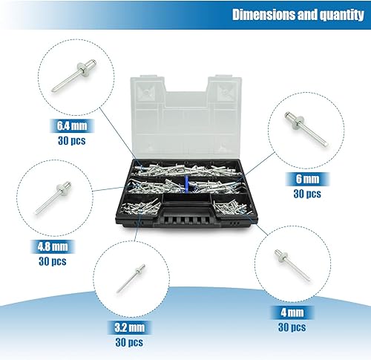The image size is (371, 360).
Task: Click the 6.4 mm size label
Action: click(72, 125)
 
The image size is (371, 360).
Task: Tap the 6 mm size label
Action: click(307, 179)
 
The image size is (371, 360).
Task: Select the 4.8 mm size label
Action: click(53, 246)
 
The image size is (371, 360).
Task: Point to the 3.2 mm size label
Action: click(129, 327)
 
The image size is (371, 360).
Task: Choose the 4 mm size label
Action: click(292, 312)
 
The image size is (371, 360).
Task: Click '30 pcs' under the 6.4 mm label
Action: click(72, 140)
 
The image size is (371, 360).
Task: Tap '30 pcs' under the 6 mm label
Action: click(307, 194)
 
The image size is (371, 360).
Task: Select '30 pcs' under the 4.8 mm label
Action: click(53, 261)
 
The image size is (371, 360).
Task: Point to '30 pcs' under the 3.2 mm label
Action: click(129, 342)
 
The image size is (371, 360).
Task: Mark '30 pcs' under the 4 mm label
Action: click(292, 327)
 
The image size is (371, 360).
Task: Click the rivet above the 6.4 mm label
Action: click(74, 75)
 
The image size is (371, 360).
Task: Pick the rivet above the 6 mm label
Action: click(306, 129)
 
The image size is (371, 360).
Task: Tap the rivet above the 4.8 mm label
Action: click(53, 197)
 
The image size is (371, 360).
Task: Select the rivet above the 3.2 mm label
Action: click(131, 278)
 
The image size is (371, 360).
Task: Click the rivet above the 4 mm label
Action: click(292, 265)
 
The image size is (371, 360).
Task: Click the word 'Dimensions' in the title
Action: click(263, 15)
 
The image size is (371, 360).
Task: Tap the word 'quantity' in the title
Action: click(342, 16)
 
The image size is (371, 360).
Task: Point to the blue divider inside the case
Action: click(186, 183)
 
